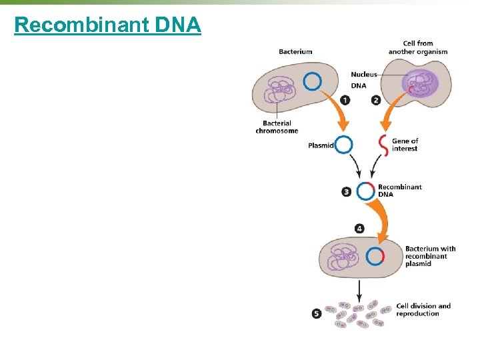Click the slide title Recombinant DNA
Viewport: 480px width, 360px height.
coord(107,25)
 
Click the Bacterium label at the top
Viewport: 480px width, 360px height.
coord(295,51)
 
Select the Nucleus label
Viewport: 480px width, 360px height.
coord(364,75)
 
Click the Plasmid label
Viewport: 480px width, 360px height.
coord(321,145)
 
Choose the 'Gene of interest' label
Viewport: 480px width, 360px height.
coord(405,145)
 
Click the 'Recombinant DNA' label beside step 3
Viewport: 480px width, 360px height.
coord(399,191)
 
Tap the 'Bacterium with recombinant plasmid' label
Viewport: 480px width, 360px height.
coord(430,256)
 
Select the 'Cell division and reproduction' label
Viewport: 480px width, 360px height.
coord(423,309)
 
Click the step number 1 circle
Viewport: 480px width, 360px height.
coord(345,100)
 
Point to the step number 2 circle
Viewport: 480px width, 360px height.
coord(375,100)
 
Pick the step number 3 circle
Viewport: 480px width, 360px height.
coord(347,191)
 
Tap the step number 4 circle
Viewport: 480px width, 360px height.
coord(360,228)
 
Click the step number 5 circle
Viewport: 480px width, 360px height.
coord(317,313)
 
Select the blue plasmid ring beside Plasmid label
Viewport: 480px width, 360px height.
coord(343,145)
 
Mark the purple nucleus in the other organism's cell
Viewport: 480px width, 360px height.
coord(419,83)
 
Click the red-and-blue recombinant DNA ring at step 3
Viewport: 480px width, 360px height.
coord(365,191)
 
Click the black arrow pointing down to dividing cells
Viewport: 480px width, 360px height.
coord(360,289)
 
